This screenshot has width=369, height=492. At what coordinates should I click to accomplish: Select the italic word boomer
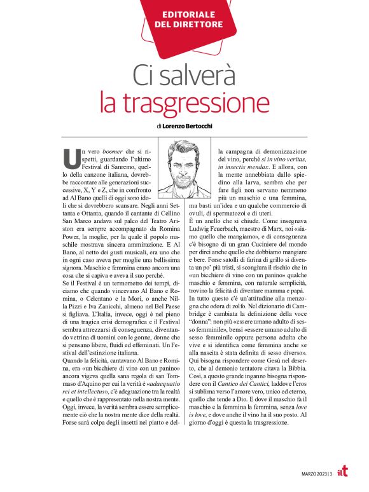click(116, 150)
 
